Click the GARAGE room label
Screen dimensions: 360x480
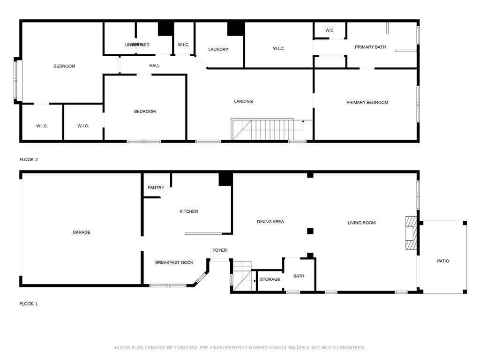click(x=82, y=232)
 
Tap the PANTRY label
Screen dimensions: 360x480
click(x=156, y=188)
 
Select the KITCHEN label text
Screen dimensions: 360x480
click(x=188, y=211)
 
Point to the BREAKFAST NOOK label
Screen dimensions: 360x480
click(x=174, y=262)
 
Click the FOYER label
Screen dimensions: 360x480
click(x=219, y=250)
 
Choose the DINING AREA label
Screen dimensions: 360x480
click(x=270, y=222)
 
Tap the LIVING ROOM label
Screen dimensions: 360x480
click(x=361, y=223)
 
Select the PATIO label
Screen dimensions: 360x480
click(x=443, y=261)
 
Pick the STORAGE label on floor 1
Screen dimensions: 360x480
click(x=270, y=279)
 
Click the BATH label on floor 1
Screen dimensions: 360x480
click(x=299, y=276)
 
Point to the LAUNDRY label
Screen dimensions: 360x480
click(x=218, y=50)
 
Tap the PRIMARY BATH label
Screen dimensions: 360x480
click(x=370, y=47)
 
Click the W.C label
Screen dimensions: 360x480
click(x=330, y=30)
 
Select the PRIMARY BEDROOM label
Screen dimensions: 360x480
click(x=367, y=103)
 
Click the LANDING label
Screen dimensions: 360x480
click(x=243, y=102)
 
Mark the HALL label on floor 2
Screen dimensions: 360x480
click(x=155, y=66)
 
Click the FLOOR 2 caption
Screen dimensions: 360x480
click(x=29, y=160)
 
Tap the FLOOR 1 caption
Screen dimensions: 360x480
click(x=29, y=304)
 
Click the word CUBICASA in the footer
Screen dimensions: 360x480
click(x=185, y=348)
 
